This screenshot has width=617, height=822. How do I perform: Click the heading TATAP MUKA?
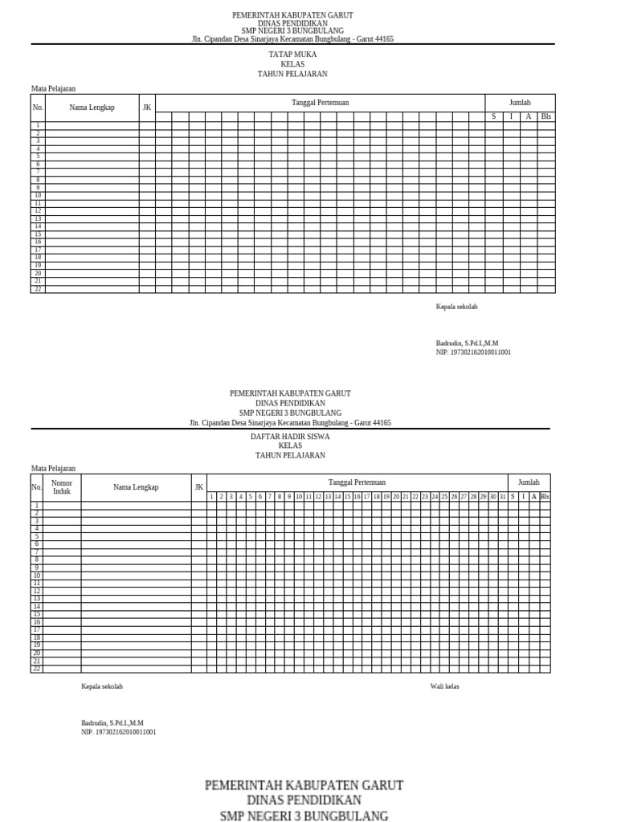pos(292,55)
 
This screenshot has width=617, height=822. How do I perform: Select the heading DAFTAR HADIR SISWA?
pos(290,437)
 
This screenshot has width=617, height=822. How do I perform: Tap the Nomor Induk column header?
pos(62,486)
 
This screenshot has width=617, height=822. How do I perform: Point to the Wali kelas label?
pos(445,686)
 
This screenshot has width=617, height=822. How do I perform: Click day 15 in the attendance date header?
pos(347,497)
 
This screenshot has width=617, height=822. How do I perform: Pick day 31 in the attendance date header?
pos(502,497)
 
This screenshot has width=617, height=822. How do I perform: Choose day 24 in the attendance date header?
pos(435,497)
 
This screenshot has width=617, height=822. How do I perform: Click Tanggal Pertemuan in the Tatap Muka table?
pos(320,103)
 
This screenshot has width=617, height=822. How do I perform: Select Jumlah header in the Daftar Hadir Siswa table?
pos(529,482)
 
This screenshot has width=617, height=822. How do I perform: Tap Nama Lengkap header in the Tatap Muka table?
pos(92,108)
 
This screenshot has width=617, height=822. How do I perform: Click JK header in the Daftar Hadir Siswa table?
pos(198,487)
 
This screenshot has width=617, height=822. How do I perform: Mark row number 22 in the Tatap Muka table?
pos(37,289)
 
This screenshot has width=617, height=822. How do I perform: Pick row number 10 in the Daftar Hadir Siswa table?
pos(37,576)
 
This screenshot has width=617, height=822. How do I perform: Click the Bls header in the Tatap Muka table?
pos(546,116)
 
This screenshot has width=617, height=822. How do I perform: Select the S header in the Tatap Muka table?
pos(494,116)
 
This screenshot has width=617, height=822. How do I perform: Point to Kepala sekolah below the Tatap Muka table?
pos(456,307)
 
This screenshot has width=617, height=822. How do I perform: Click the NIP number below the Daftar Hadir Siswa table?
pos(119,732)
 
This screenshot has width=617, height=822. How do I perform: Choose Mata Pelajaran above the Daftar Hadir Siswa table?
pos(53,468)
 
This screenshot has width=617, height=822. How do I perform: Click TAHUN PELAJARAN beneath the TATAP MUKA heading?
pos(292,74)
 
